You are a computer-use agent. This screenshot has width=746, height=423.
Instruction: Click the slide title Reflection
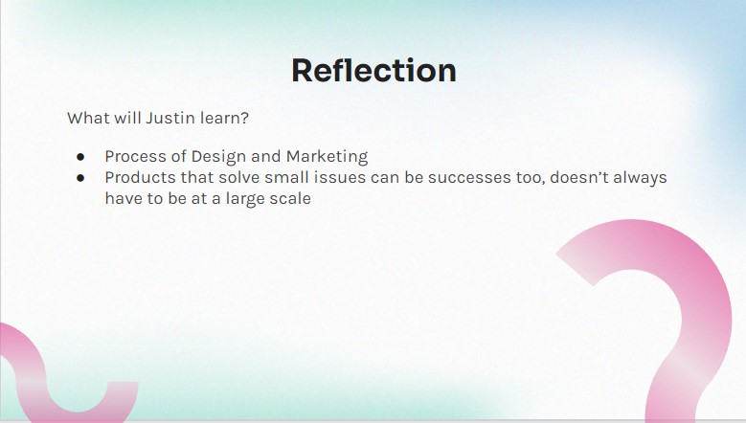point(373,71)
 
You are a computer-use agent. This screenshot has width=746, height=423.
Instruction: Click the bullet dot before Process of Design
point(80,156)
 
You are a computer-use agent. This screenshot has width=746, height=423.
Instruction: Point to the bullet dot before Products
point(80,178)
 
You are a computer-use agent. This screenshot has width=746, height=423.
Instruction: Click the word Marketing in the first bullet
point(327,156)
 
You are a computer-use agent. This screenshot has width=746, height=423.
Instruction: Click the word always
point(640,178)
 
